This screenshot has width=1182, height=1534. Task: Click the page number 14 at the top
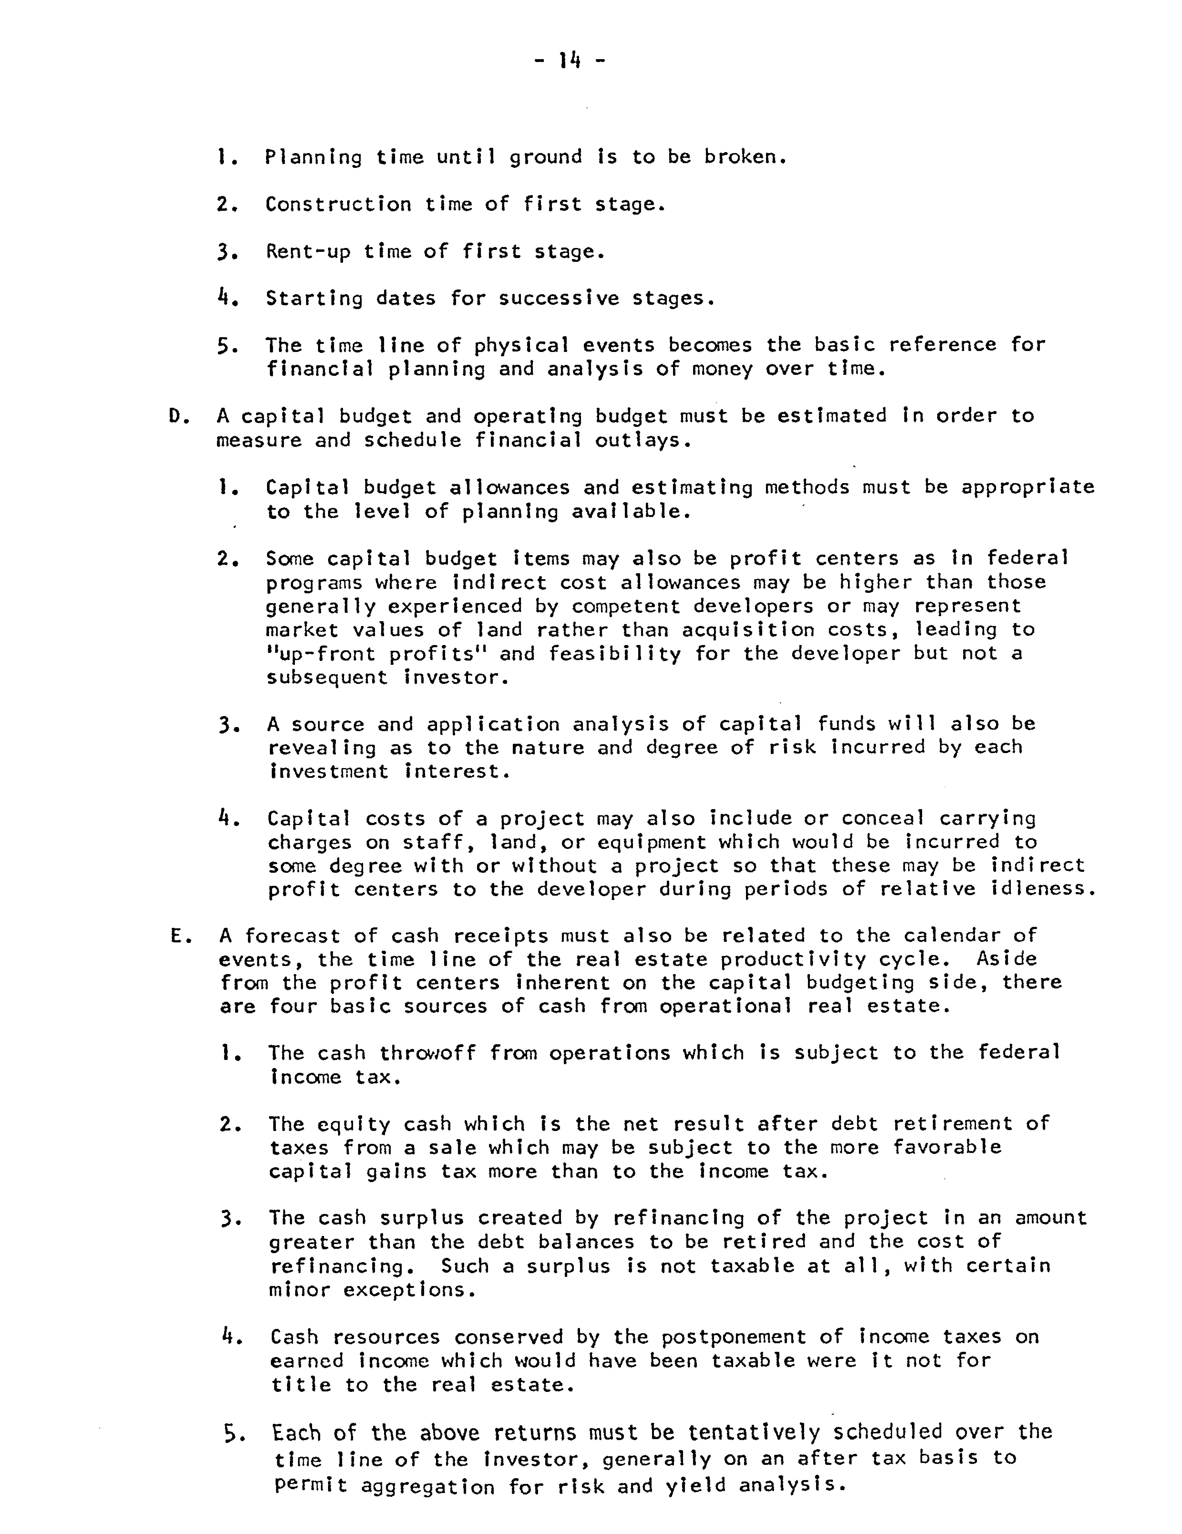[x=569, y=62]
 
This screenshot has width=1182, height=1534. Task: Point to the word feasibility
[x=615, y=654]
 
